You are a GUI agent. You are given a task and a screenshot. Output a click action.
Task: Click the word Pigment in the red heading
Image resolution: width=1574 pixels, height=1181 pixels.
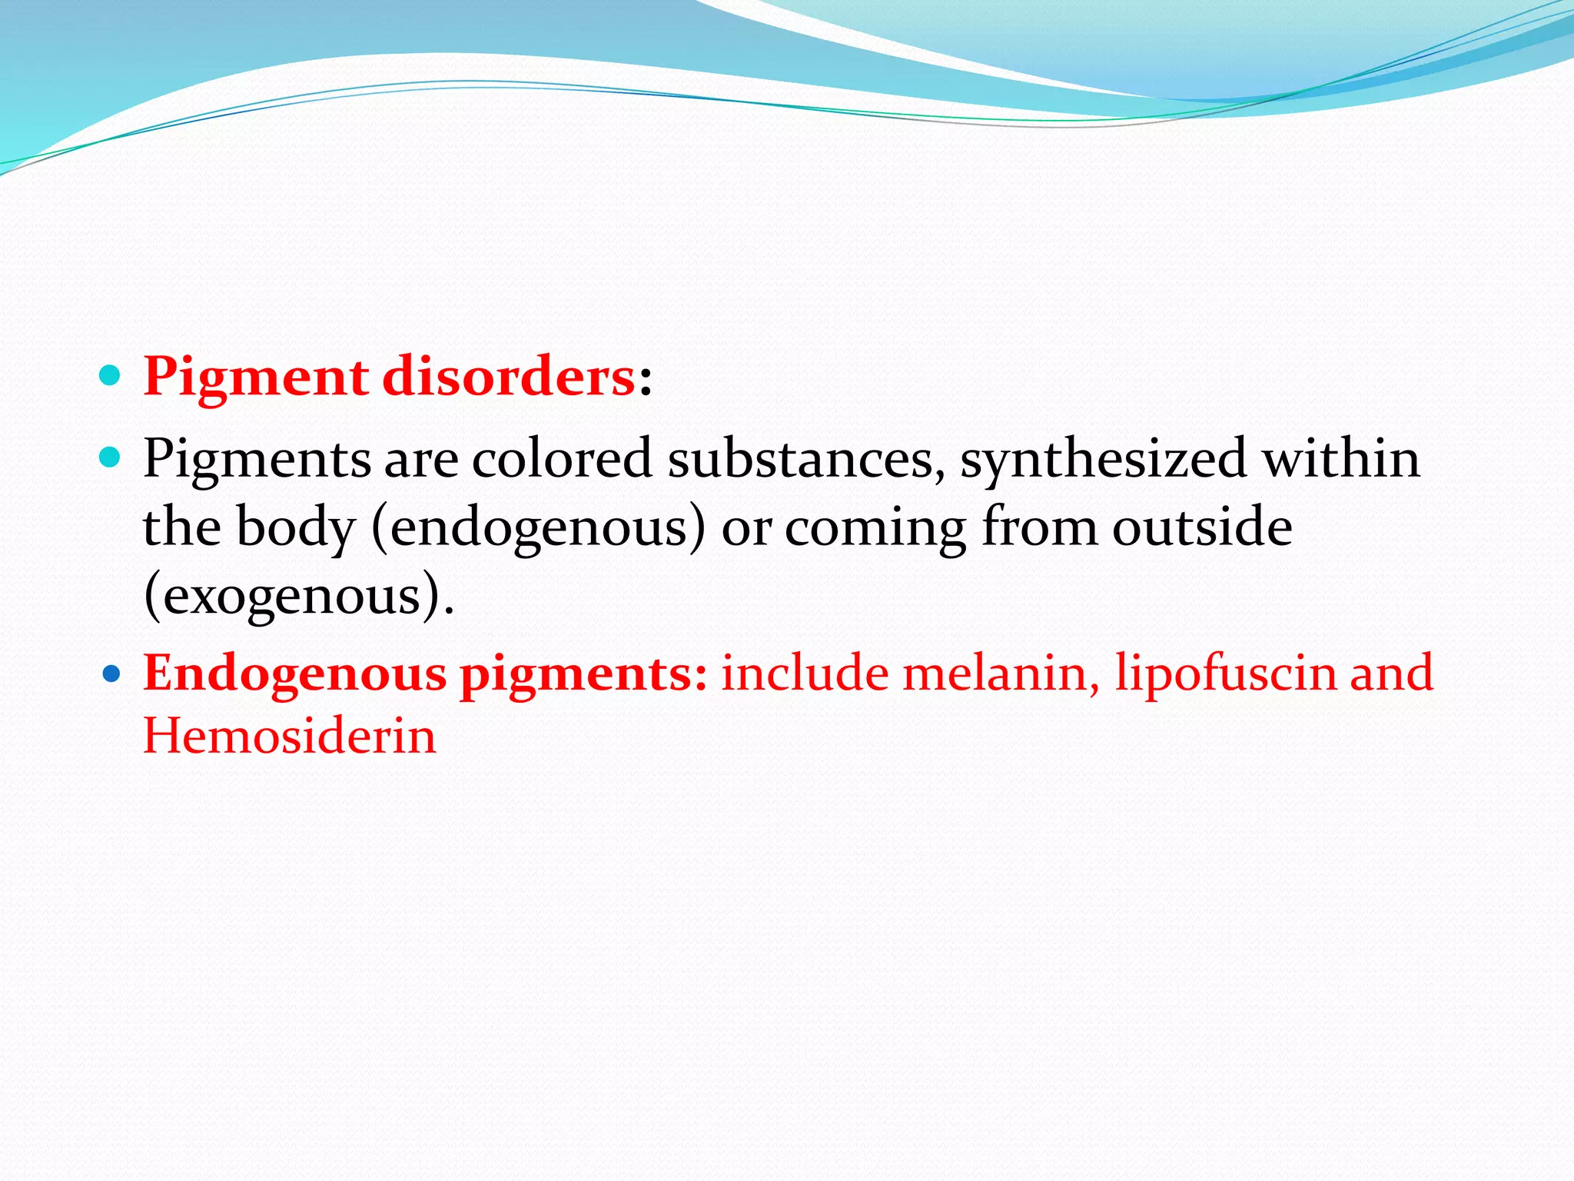point(256,378)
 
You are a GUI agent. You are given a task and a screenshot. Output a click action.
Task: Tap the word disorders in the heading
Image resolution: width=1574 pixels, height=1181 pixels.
point(508,378)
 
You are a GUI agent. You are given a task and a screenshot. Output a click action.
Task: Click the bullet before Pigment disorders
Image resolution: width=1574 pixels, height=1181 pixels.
point(111,376)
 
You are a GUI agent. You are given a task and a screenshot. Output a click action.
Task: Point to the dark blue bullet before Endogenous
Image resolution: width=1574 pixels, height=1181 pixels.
point(112,674)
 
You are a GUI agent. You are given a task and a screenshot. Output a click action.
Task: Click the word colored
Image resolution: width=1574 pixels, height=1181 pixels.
point(561,459)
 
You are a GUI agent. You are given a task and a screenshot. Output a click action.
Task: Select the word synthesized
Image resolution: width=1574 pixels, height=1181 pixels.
point(1102,459)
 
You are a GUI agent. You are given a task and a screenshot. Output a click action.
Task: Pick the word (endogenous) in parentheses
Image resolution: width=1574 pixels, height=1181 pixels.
point(538,528)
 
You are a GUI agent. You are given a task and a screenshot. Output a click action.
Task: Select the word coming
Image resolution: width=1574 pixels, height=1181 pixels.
point(875,528)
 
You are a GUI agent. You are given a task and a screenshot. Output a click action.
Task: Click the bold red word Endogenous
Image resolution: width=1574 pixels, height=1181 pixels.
point(295,674)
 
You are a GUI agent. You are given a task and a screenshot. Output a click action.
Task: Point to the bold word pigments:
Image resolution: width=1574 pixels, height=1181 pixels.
point(583,674)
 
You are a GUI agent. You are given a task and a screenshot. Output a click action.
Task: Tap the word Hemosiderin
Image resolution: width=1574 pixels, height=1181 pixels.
point(290,736)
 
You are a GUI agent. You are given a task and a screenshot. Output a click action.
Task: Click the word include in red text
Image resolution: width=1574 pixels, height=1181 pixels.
point(805,673)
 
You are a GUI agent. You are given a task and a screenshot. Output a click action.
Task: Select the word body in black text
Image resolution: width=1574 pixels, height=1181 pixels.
point(296,528)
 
